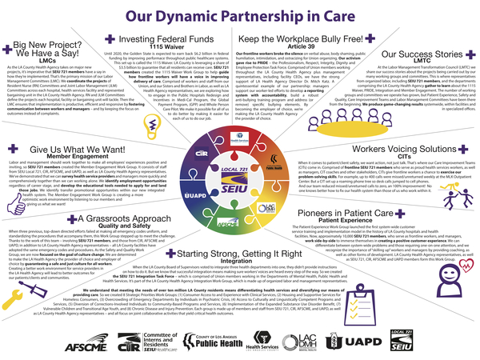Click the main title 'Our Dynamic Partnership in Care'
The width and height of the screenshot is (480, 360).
(x=240, y=15)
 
